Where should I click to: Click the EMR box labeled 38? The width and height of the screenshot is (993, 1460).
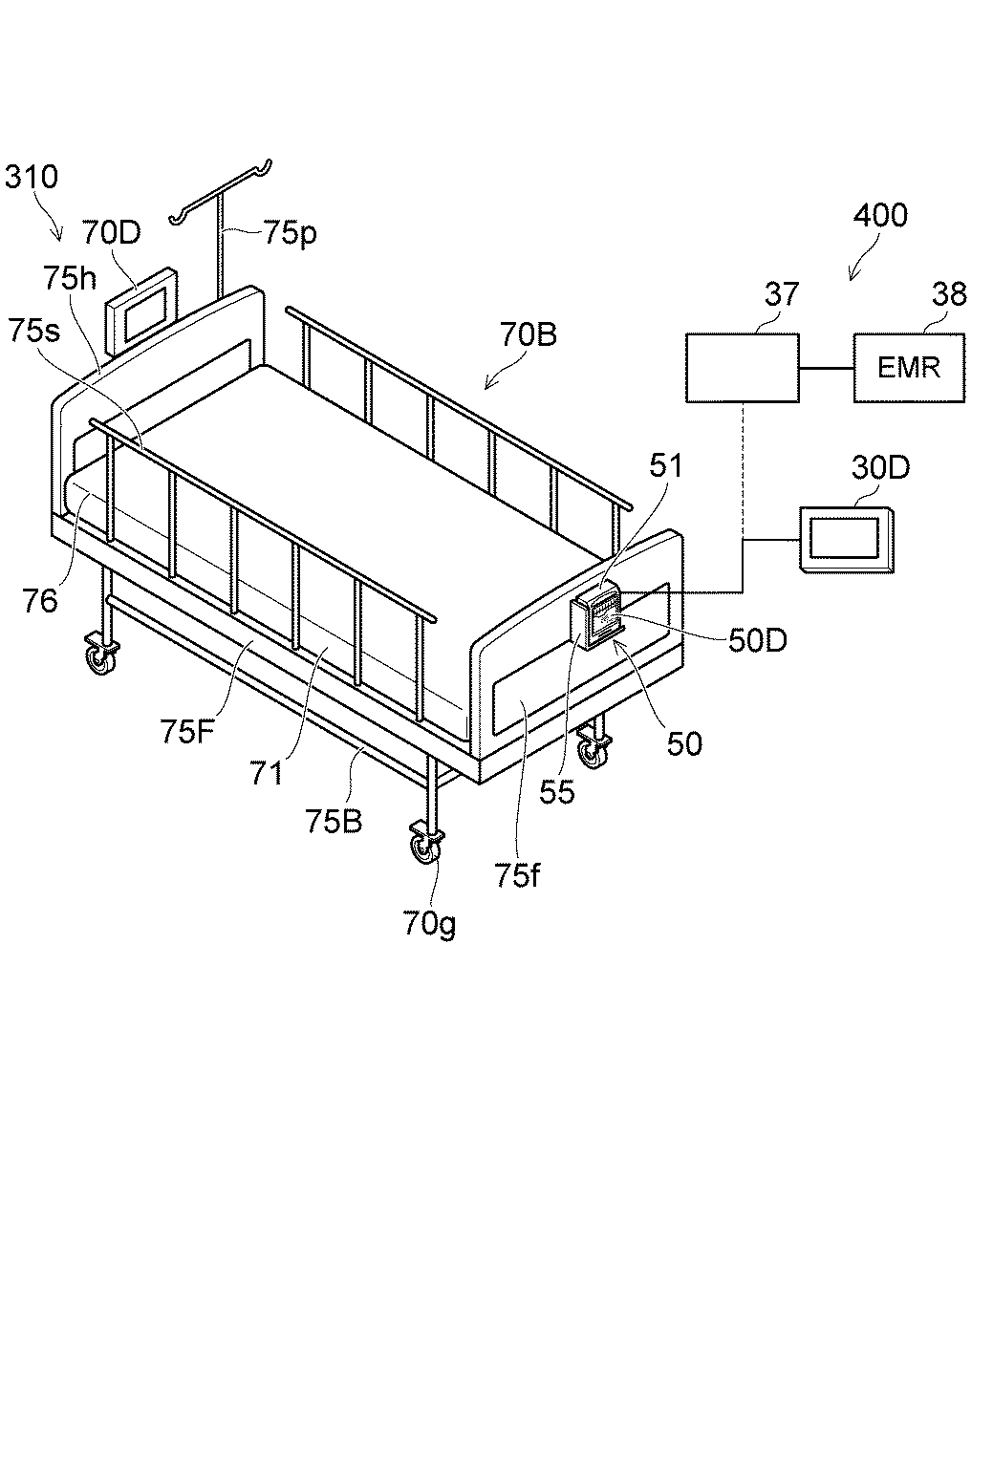909,367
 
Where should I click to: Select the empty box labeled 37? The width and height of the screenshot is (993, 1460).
743,367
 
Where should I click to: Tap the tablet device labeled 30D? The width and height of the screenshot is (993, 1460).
847,539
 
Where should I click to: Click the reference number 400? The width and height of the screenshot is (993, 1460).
880,216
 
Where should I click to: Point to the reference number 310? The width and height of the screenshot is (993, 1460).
32,177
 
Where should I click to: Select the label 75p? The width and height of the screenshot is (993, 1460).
291,234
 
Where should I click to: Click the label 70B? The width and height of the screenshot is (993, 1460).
529,335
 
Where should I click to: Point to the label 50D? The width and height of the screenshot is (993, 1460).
757,641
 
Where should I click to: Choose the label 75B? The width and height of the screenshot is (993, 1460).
334,821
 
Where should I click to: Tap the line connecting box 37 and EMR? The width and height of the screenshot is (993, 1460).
826,368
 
